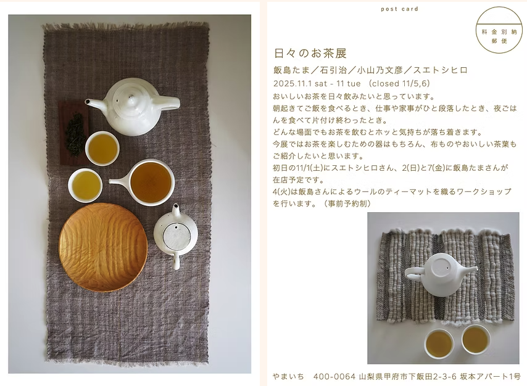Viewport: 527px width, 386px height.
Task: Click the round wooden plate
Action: [x=103, y=248]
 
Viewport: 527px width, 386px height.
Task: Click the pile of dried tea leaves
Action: [x=75, y=133]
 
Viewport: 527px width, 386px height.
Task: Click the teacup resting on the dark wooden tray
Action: [x=102, y=148]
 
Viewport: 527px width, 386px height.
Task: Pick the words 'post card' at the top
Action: [x=400, y=9]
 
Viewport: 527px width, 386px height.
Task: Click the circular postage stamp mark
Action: [x=499, y=30]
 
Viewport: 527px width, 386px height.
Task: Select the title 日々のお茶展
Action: [x=310, y=53]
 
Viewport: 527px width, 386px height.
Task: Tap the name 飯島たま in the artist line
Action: [x=291, y=70]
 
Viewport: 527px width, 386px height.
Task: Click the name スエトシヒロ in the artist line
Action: [x=440, y=70]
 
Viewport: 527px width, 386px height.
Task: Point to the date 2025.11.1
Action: [x=293, y=83]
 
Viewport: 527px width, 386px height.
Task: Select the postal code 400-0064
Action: [x=334, y=376]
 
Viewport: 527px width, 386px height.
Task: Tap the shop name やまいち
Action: [x=288, y=376]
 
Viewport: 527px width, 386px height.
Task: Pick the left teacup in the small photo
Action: [x=439, y=343]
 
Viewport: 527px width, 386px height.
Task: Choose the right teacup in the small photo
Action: [x=476, y=339]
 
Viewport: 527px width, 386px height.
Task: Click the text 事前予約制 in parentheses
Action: [x=347, y=203]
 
